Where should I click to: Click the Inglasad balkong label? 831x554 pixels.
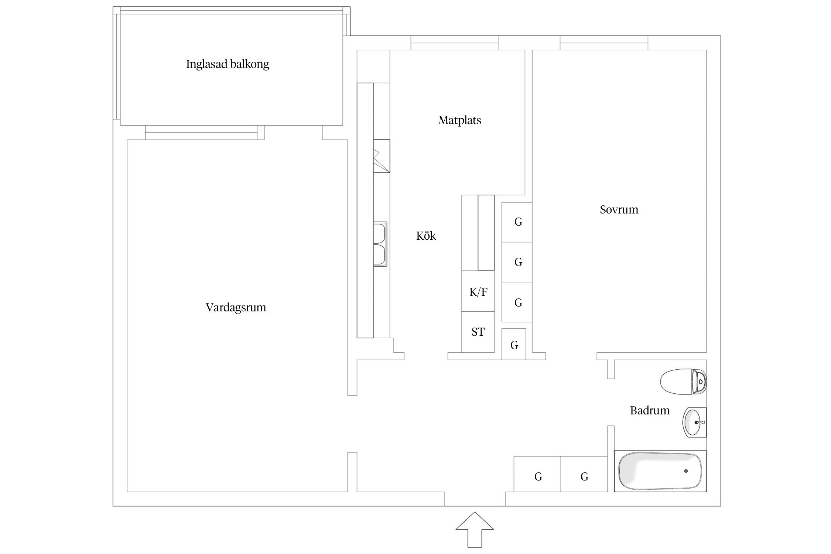pos(227,64)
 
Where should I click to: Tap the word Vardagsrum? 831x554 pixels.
pos(236,307)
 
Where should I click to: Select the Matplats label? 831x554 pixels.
pos(459,120)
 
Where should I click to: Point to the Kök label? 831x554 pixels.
pos(426,236)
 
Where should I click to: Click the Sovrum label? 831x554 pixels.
pos(619,209)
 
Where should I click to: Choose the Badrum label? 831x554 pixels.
pos(649,410)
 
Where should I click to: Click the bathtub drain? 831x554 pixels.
pos(686,471)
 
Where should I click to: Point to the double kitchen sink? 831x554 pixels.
pos(380,244)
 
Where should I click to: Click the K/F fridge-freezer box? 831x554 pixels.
pos(478,292)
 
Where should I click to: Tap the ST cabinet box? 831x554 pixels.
pos(478,332)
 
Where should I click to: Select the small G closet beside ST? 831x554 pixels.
pos(514,345)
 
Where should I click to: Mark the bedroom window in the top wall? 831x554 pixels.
pos(603,43)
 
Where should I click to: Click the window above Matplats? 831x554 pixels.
pos(455,43)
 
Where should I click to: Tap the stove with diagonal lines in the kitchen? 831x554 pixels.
pos(381,156)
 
